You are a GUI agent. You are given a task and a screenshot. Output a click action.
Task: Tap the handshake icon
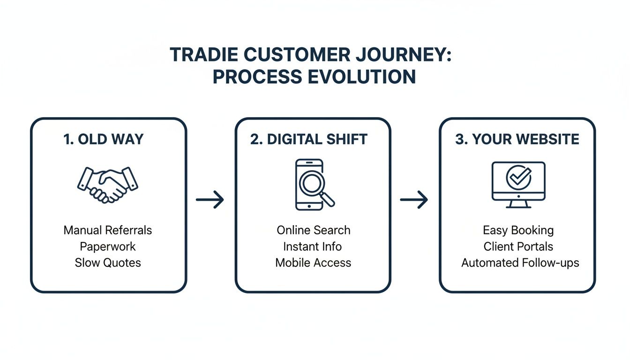(x=108, y=184)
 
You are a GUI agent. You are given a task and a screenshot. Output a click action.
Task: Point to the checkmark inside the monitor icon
(x=518, y=178)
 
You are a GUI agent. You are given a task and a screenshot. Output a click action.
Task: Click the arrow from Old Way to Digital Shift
(x=210, y=200)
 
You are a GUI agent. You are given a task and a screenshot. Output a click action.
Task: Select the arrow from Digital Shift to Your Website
(x=414, y=200)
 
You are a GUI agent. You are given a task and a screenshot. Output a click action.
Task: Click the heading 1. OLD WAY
(x=104, y=139)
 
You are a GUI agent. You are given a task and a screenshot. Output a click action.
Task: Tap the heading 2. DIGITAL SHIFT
(x=309, y=139)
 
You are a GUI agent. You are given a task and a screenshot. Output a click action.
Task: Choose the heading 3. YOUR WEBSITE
(x=517, y=139)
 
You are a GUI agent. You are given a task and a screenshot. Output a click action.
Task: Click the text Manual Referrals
(x=108, y=230)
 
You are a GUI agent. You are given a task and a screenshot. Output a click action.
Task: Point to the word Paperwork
(x=108, y=247)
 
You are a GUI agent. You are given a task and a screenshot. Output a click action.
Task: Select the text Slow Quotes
(x=108, y=262)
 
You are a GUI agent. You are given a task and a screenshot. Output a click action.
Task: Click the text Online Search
(x=313, y=230)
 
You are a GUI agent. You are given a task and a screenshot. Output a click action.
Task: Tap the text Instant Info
(x=313, y=247)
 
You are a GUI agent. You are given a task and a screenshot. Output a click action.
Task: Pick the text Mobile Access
(x=313, y=262)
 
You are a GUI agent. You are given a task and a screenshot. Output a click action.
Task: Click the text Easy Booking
(x=518, y=231)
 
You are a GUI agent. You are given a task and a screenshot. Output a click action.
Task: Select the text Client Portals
(x=518, y=247)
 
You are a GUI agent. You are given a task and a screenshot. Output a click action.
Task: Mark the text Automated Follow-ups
(x=520, y=262)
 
